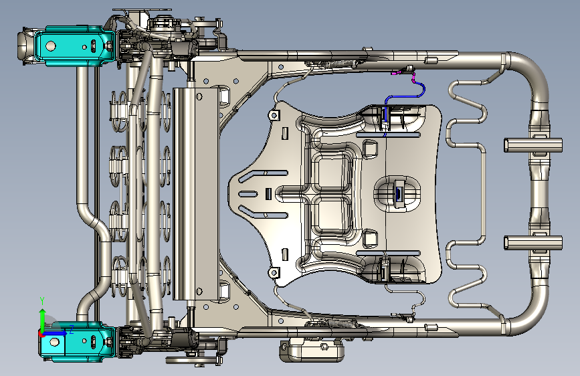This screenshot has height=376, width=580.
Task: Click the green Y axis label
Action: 42,301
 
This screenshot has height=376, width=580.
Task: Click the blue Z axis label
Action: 72,329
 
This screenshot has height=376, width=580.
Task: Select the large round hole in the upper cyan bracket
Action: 50,46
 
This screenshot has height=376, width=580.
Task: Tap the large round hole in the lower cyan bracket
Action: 54,342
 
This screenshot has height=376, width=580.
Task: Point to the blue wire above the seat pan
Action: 404,97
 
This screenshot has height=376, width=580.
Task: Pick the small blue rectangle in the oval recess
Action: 399,193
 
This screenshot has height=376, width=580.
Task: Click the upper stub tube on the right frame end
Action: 533,145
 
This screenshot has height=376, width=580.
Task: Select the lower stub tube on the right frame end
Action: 533,243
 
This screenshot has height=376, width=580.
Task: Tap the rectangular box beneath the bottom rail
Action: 312,350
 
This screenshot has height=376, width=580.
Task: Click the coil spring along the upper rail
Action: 339,64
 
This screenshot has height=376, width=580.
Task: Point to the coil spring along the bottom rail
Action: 339,324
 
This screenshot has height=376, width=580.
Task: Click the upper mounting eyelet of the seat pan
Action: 274,115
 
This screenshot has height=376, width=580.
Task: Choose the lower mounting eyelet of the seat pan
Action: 274,273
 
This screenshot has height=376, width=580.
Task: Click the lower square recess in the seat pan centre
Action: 331,215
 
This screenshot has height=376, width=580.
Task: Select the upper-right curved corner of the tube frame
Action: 525,76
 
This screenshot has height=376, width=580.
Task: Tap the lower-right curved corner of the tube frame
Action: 525,312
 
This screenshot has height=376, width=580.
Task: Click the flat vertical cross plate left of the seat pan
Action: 196,193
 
